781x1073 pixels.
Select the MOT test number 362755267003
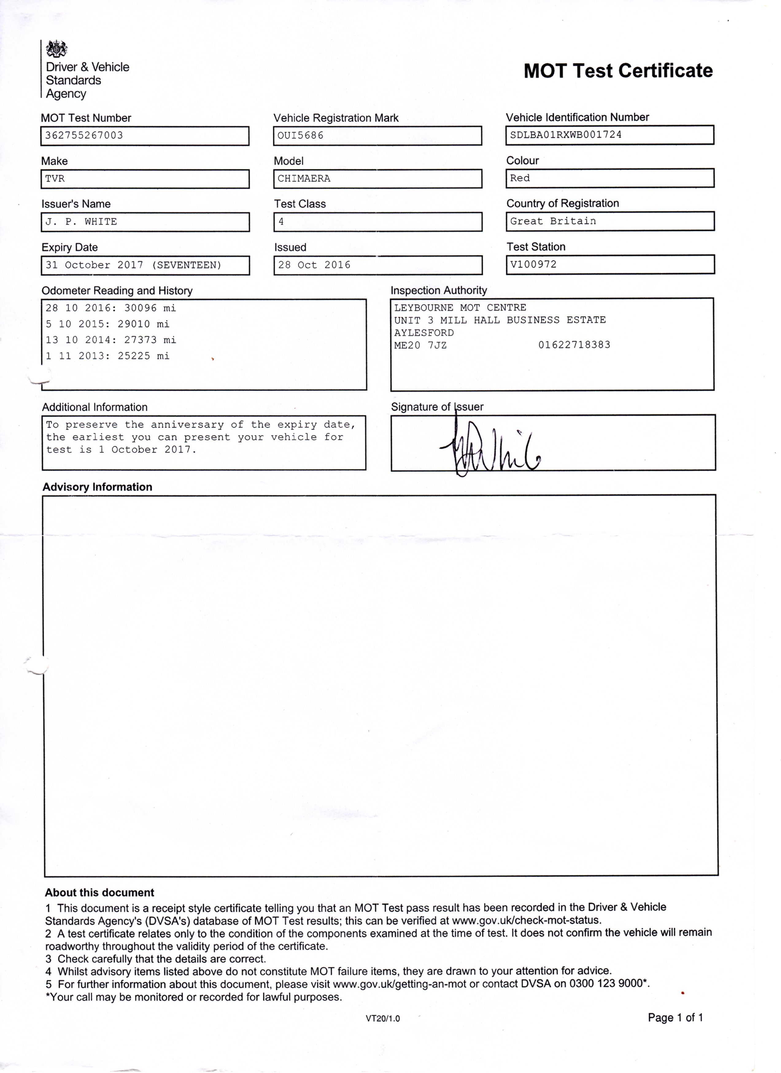coord(84,136)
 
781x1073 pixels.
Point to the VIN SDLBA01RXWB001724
coord(566,135)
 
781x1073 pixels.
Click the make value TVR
coord(55,179)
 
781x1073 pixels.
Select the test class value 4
coord(281,222)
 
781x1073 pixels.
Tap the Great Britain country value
coord(553,221)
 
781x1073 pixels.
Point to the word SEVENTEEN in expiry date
coord(186,266)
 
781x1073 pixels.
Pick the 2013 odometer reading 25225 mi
coord(143,356)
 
